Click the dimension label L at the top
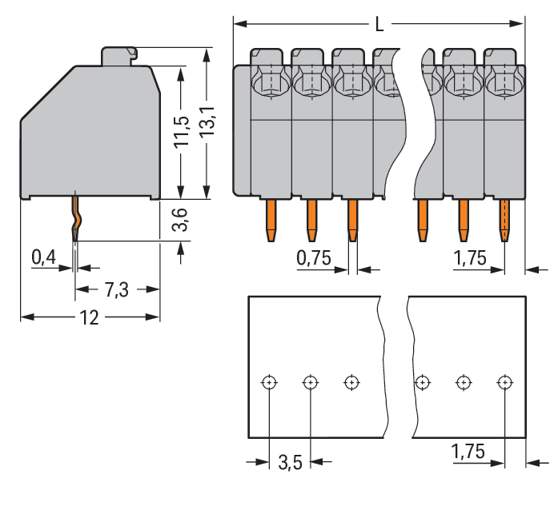pyautogui.click(x=379, y=26)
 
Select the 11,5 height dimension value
pyautogui.click(x=183, y=131)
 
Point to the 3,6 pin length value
pyautogui.click(x=181, y=219)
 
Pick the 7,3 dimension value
pyautogui.click(x=117, y=290)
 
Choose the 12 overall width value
pyautogui.click(x=89, y=317)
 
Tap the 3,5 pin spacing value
pyautogui.click(x=290, y=462)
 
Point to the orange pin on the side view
pyautogui.click(x=76, y=221)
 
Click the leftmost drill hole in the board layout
pyautogui.click(x=269, y=382)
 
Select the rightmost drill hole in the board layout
pyautogui.click(x=504, y=382)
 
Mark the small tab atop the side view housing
pyautogui.click(x=118, y=56)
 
